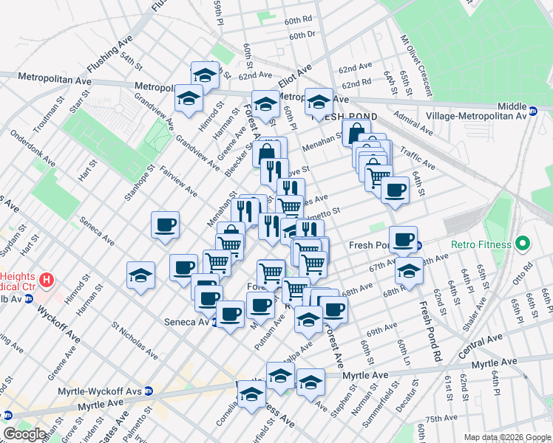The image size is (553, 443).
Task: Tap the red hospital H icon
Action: coord(47,281)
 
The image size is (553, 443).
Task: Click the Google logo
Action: coord(24,434)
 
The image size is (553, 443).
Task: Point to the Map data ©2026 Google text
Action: coord(506,437)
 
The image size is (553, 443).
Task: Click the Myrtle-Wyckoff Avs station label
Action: coord(112,391)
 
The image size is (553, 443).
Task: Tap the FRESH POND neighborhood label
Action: coord(345,117)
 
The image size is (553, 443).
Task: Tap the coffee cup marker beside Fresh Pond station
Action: coord(404,238)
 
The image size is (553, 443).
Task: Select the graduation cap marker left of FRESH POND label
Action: coord(319,101)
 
